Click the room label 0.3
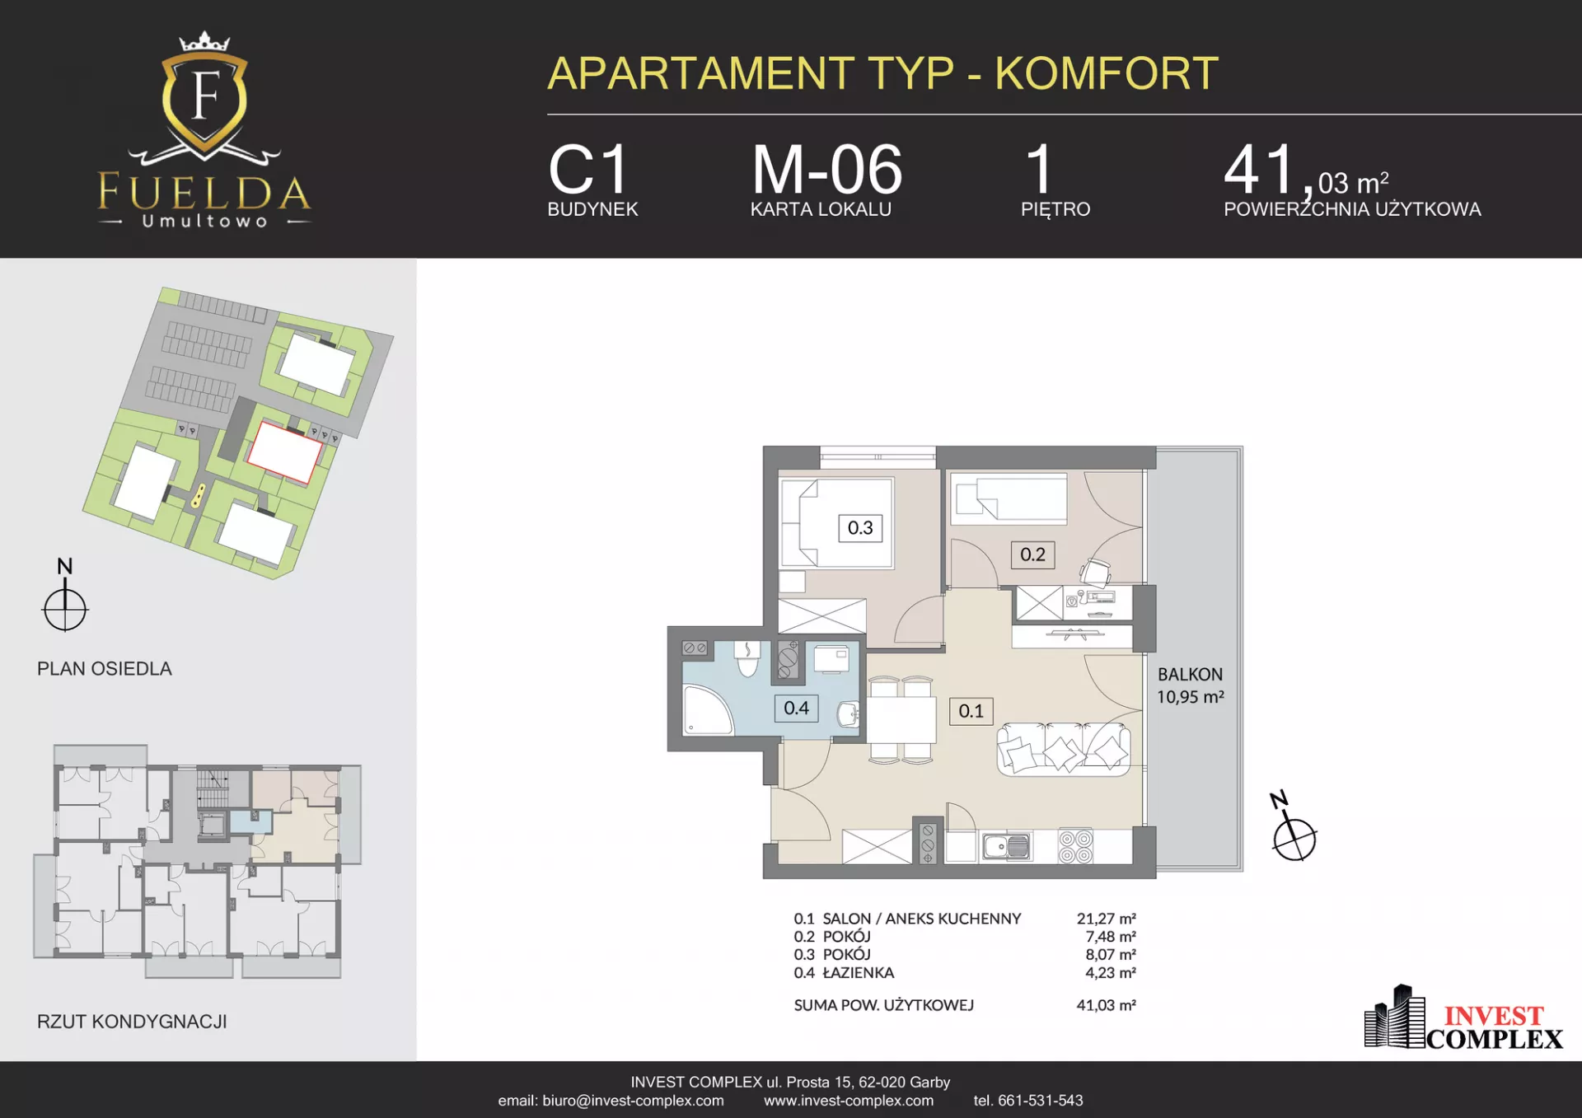point(860,528)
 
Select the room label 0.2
point(1032,554)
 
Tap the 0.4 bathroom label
point(796,708)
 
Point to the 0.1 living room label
point(971,711)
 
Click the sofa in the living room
point(1063,748)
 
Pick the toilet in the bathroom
point(747,658)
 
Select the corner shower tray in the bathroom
point(708,709)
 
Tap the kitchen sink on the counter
point(1006,846)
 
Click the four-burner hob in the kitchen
point(1075,846)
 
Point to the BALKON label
point(1190,675)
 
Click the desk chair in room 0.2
point(1096,572)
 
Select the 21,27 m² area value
point(1106,919)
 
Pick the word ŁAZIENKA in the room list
point(858,973)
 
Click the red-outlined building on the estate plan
point(285,451)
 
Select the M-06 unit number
point(827,170)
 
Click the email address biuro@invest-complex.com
point(633,1101)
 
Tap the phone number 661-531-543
point(1040,1101)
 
